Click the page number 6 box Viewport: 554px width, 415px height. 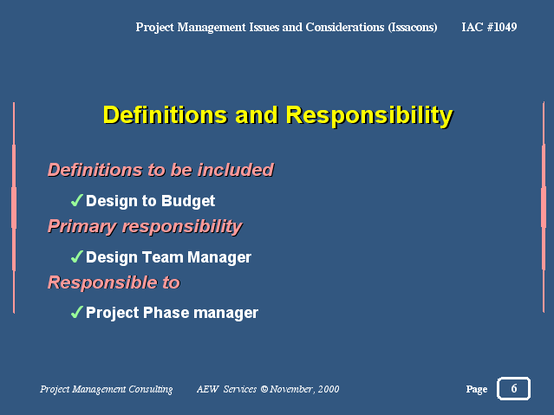point(513,388)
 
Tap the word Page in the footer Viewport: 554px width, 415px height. point(477,389)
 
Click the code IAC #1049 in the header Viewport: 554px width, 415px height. point(489,27)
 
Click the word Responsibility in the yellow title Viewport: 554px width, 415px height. point(369,116)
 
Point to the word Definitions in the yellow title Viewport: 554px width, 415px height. point(165,115)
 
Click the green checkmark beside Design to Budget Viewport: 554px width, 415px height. point(77,200)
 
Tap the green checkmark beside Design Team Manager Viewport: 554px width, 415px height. point(77,256)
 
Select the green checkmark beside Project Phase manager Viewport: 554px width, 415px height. point(77,312)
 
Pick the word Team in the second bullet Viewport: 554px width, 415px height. point(162,257)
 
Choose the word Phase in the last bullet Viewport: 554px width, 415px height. point(166,313)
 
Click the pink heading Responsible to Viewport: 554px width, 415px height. point(114,282)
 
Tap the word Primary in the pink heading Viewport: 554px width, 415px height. point(82,227)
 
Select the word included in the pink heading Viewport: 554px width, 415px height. point(236,170)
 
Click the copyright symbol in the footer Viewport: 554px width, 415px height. point(264,389)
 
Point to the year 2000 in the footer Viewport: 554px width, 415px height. point(329,389)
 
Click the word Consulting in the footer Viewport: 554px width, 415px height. point(151,389)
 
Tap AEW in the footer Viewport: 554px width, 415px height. point(208,389)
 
